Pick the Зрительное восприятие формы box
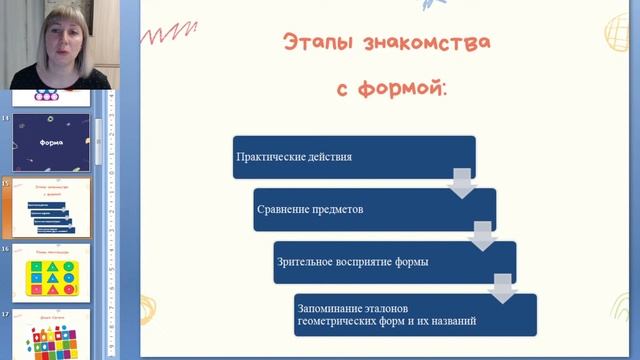coord(395,262)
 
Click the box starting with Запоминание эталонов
coord(416,314)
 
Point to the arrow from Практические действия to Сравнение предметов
coord(462,184)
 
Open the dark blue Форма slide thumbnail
coord(51,142)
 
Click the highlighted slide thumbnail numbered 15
coord(51,207)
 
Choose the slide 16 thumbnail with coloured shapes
coord(51,271)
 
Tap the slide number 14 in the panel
coord(6,119)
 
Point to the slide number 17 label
coord(6,314)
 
